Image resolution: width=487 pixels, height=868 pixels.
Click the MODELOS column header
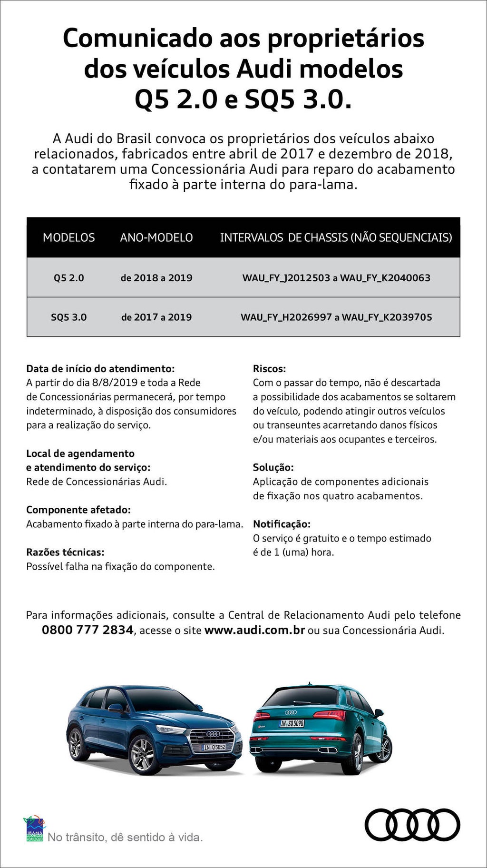click(x=69, y=237)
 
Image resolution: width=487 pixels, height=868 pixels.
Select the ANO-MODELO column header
click(x=156, y=237)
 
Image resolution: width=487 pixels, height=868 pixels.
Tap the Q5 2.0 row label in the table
click(x=69, y=278)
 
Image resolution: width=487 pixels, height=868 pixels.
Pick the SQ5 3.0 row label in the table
click(x=69, y=317)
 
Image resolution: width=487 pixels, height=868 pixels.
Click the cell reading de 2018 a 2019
click(x=156, y=278)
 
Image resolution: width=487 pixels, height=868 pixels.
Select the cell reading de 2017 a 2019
click(x=156, y=317)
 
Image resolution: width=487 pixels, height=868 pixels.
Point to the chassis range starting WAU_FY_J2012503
click(x=336, y=278)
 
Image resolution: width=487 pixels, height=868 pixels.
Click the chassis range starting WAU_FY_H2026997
click(x=336, y=317)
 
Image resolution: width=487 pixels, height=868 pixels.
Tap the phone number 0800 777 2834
click(x=88, y=630)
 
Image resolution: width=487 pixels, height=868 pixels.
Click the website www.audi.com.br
click(x=254, y=630)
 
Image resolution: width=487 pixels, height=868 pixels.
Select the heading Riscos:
click(x=269, y=369)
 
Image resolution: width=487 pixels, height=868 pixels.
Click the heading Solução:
click(x=273, y=467)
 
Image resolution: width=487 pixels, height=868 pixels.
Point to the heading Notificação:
click(x=282, y=524)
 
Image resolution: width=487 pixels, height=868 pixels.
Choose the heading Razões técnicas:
click(x=65, y=552)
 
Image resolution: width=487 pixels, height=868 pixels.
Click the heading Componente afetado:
click(x=78, y=510)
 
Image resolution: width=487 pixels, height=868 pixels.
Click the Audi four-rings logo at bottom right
click(x=412, y=825)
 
